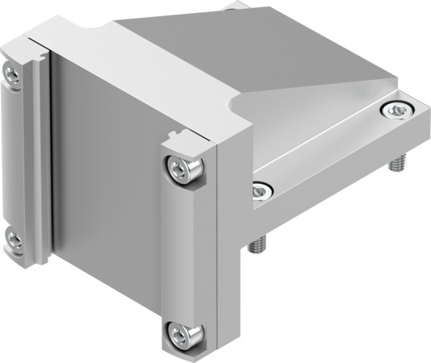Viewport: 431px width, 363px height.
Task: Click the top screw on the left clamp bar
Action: coord(12,74)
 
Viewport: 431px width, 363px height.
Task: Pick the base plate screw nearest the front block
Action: coord(260,191)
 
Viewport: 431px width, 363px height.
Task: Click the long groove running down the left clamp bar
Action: coord(40,161)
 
